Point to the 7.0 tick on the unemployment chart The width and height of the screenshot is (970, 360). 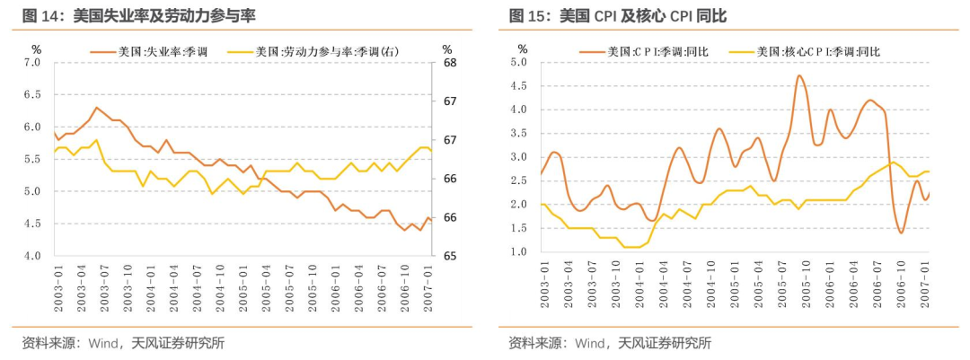click(32, 63)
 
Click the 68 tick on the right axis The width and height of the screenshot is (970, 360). click(449, 63)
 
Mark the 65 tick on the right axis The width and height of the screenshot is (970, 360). click(449, 256)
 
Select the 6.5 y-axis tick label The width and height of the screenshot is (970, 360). click(32, 95)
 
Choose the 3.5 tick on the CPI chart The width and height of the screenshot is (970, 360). click(518, 134)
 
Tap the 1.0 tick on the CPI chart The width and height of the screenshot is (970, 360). click(518, 252)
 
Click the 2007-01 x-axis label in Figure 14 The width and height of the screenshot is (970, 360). click(430, 285)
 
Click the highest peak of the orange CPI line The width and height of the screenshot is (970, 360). click(799, 75)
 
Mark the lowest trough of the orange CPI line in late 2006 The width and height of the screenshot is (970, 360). click(901, 233)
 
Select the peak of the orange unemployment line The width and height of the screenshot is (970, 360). click(96, 108)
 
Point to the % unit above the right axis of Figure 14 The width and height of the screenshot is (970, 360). click(447, 48)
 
